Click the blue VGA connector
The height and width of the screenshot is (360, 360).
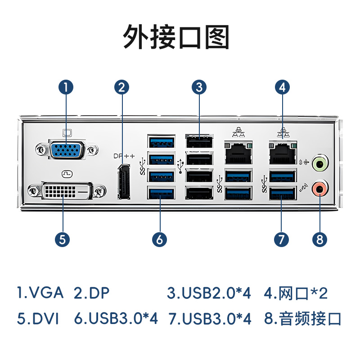click(x=67, y=149)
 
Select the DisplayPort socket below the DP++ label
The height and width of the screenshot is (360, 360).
click(x=123, y=182)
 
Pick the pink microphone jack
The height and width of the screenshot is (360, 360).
click(x=320, y=189)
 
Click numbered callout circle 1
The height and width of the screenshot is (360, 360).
click(x=66, y=87)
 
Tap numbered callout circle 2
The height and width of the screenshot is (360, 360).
click(x=121, y=87)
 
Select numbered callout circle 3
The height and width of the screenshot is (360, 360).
click(x=199, y=87)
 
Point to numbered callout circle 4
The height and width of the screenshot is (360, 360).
click(x=282, y=87)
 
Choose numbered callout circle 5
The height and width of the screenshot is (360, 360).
click(x=63, y=239)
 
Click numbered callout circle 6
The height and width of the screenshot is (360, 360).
click(x=160, y=239)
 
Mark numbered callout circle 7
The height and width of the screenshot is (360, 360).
click(x=281, y=239)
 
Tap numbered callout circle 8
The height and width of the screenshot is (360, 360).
click(x=320, y=239)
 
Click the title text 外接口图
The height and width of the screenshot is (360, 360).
click(x=176, y=37)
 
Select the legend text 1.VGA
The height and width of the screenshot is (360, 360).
click(x=40, y=293)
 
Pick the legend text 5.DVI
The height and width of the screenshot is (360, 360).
click(x=38, y=319)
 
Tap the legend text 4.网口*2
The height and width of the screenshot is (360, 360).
click(x=296, y=293)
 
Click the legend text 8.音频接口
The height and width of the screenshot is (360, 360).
click(x=303, y=319)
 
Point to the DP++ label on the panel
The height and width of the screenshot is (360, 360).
click(x=124, y=156)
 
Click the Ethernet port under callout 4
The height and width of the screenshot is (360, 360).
click(x=283, y=153)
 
